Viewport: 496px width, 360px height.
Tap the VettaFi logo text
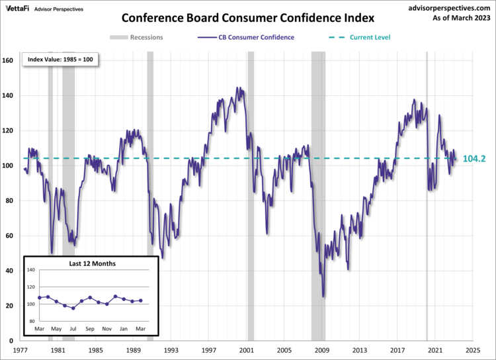coord(18,9)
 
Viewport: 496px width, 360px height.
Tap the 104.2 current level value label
coord(475,159)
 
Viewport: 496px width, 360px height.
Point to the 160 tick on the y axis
coord(9,61)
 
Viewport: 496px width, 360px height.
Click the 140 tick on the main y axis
coord(9,96)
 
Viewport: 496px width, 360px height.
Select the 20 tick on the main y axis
coord(11,306)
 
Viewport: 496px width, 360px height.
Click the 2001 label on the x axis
coord(247,349)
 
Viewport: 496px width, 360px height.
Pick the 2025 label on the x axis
coord(474,349)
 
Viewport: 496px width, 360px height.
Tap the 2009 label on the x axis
coord(322,349)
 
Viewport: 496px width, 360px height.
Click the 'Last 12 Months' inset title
coord(93,263)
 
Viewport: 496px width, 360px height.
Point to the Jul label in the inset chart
coord(73,329)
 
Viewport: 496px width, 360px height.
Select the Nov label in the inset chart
coord(107,329)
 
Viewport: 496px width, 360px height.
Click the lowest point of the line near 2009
coord(323,296)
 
